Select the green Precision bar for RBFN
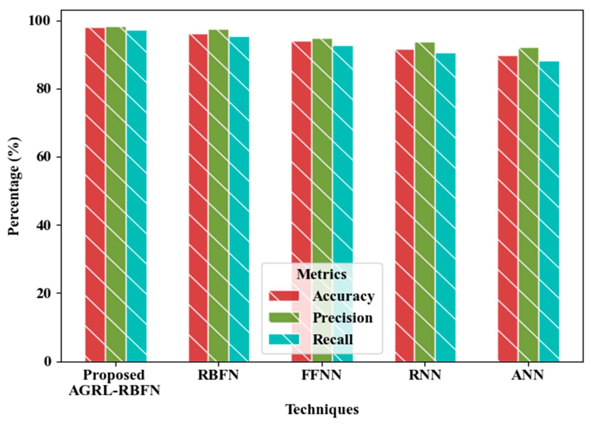[218, 196]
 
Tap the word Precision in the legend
[342, 318]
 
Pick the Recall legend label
[332, 340]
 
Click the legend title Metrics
[322, 274]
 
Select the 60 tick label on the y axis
[44, 157]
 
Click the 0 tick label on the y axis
[48, 362]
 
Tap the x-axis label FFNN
[321, 375]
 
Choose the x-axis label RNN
[425, 375]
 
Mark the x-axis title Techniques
[322, 409]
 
